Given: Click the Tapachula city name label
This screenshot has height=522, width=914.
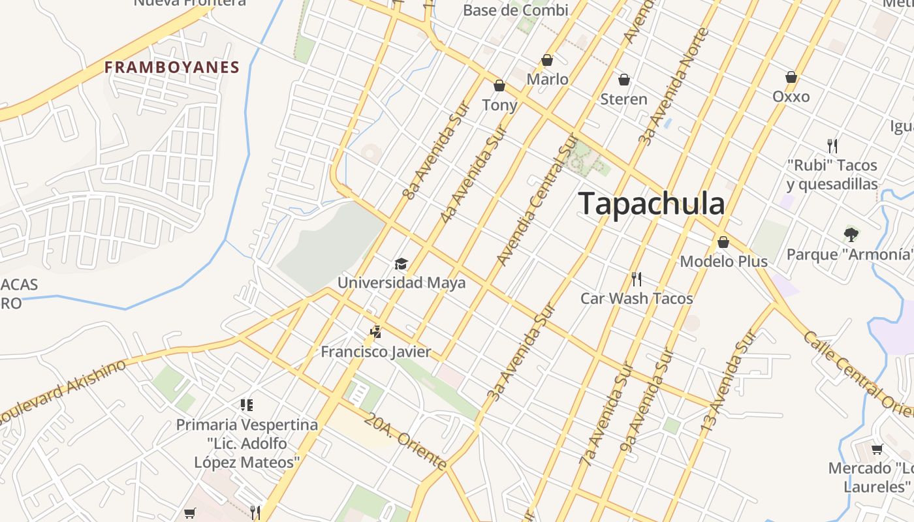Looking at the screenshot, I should click(x=652, y=204).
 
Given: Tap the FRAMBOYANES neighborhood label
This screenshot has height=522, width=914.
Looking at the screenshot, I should click(x=172, y=67).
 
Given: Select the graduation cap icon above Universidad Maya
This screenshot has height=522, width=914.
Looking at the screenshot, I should click(x=401, y=264).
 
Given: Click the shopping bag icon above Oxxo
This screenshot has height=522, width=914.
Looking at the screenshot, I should click(x=791, y=77).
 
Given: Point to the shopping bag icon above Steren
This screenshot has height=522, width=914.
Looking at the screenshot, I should click(x=624, y=80).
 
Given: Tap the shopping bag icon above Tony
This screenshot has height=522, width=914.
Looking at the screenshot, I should click(x=499, y=85).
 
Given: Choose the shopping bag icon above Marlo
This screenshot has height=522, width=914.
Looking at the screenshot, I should click(x=547, y=60).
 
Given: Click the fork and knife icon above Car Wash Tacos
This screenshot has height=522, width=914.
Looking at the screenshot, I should click(x=637, y=279).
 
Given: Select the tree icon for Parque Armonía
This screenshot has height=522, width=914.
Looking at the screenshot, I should click(x=851, y=234).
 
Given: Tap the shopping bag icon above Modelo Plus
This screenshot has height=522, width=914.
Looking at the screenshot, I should click(x=723, y=242).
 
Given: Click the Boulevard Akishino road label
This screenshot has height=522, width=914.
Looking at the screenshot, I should click(x=62, y=390).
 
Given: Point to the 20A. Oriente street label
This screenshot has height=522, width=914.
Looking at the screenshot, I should click(x=405, y=442).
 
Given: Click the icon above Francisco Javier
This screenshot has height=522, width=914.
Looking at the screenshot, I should click(x=375, y=332).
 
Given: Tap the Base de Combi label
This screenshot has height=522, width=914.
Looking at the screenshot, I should click(x=515, y=10).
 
